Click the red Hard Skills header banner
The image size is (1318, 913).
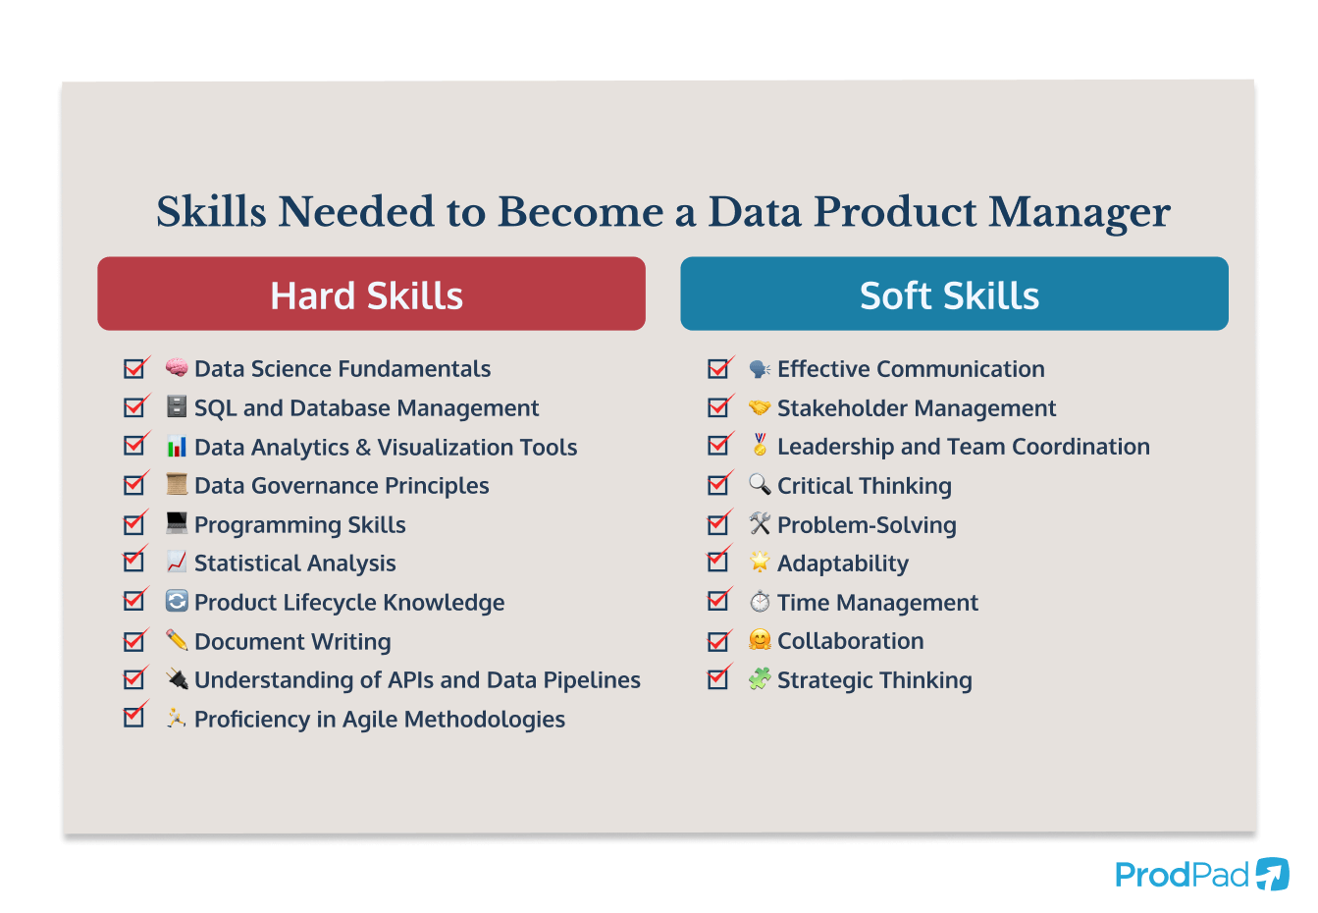(x=371, y=295)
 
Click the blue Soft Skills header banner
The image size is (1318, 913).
(x=953, y=295)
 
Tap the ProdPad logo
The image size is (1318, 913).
(x=1200, y=874)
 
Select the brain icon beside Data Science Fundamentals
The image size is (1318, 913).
(x=177, y=368)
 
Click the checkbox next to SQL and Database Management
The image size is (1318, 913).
(x=134, y=407)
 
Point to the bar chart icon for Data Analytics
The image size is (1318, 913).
(x=177, y=447)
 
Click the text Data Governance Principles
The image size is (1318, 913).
(x=342, y=486)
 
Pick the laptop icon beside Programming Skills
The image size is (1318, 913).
(x=177, y=523)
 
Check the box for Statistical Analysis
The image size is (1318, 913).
(x=134, y=563)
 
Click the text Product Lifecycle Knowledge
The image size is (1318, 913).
(x=349, y=603)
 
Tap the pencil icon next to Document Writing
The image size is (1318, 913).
(x=177, y=640)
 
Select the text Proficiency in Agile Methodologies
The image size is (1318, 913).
(x=380, y=720)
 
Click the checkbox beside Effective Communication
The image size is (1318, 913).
(x=718, y=369)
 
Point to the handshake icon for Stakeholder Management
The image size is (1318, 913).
(x=760, y=407)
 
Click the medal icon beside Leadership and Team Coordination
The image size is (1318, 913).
(x=760, y=445)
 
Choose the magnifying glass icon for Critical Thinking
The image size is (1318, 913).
(x=760, y=484)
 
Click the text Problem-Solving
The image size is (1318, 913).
(x=867, y=525)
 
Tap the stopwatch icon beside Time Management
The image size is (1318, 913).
(x=760, y=602)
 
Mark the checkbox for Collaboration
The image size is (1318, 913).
(x=718, y=641)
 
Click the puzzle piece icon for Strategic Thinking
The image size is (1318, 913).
(x=760, y=679)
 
